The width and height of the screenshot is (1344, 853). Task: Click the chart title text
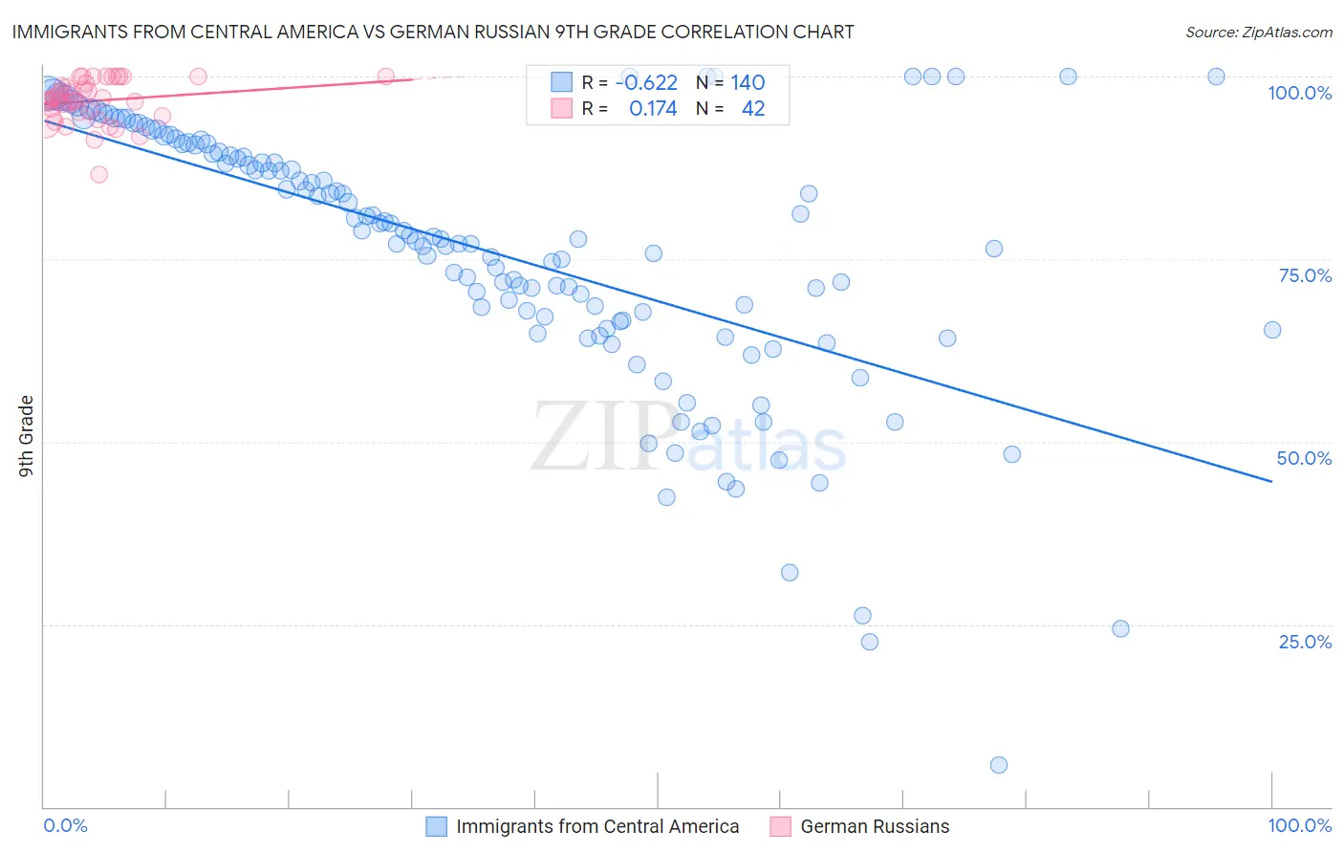tap(433, 32)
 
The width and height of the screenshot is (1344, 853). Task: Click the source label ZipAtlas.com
tap(1258, 32)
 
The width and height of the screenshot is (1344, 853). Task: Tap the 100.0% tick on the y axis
tap(1299, 93)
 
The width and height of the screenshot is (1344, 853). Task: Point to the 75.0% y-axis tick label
tap(1305, 275)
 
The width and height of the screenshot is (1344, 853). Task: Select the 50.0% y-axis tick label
tap(1304, 458)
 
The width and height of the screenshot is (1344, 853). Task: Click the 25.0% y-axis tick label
tap(1305, 642)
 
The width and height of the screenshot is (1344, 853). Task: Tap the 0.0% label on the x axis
tap(65, 825)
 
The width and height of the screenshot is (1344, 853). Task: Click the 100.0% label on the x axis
tap(1299, 825)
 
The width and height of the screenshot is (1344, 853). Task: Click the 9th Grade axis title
tap(26, 436)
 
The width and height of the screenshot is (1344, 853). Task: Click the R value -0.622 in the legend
tap(646, 82)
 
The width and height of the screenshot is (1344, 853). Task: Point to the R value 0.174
tap(653, 108)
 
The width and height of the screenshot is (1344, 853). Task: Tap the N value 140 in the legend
tap(748, 82)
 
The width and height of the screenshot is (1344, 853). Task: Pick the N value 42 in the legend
tap(753, 108)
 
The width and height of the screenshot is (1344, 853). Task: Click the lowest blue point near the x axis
tap(999, 765)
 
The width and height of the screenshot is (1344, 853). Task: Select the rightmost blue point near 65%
tap(1272, 330)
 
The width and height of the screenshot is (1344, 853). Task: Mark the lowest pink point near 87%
tap(99, 174)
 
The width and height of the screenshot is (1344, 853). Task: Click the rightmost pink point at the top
tap(385, 77)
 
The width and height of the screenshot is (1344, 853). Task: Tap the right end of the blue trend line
tap(1271, 481)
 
